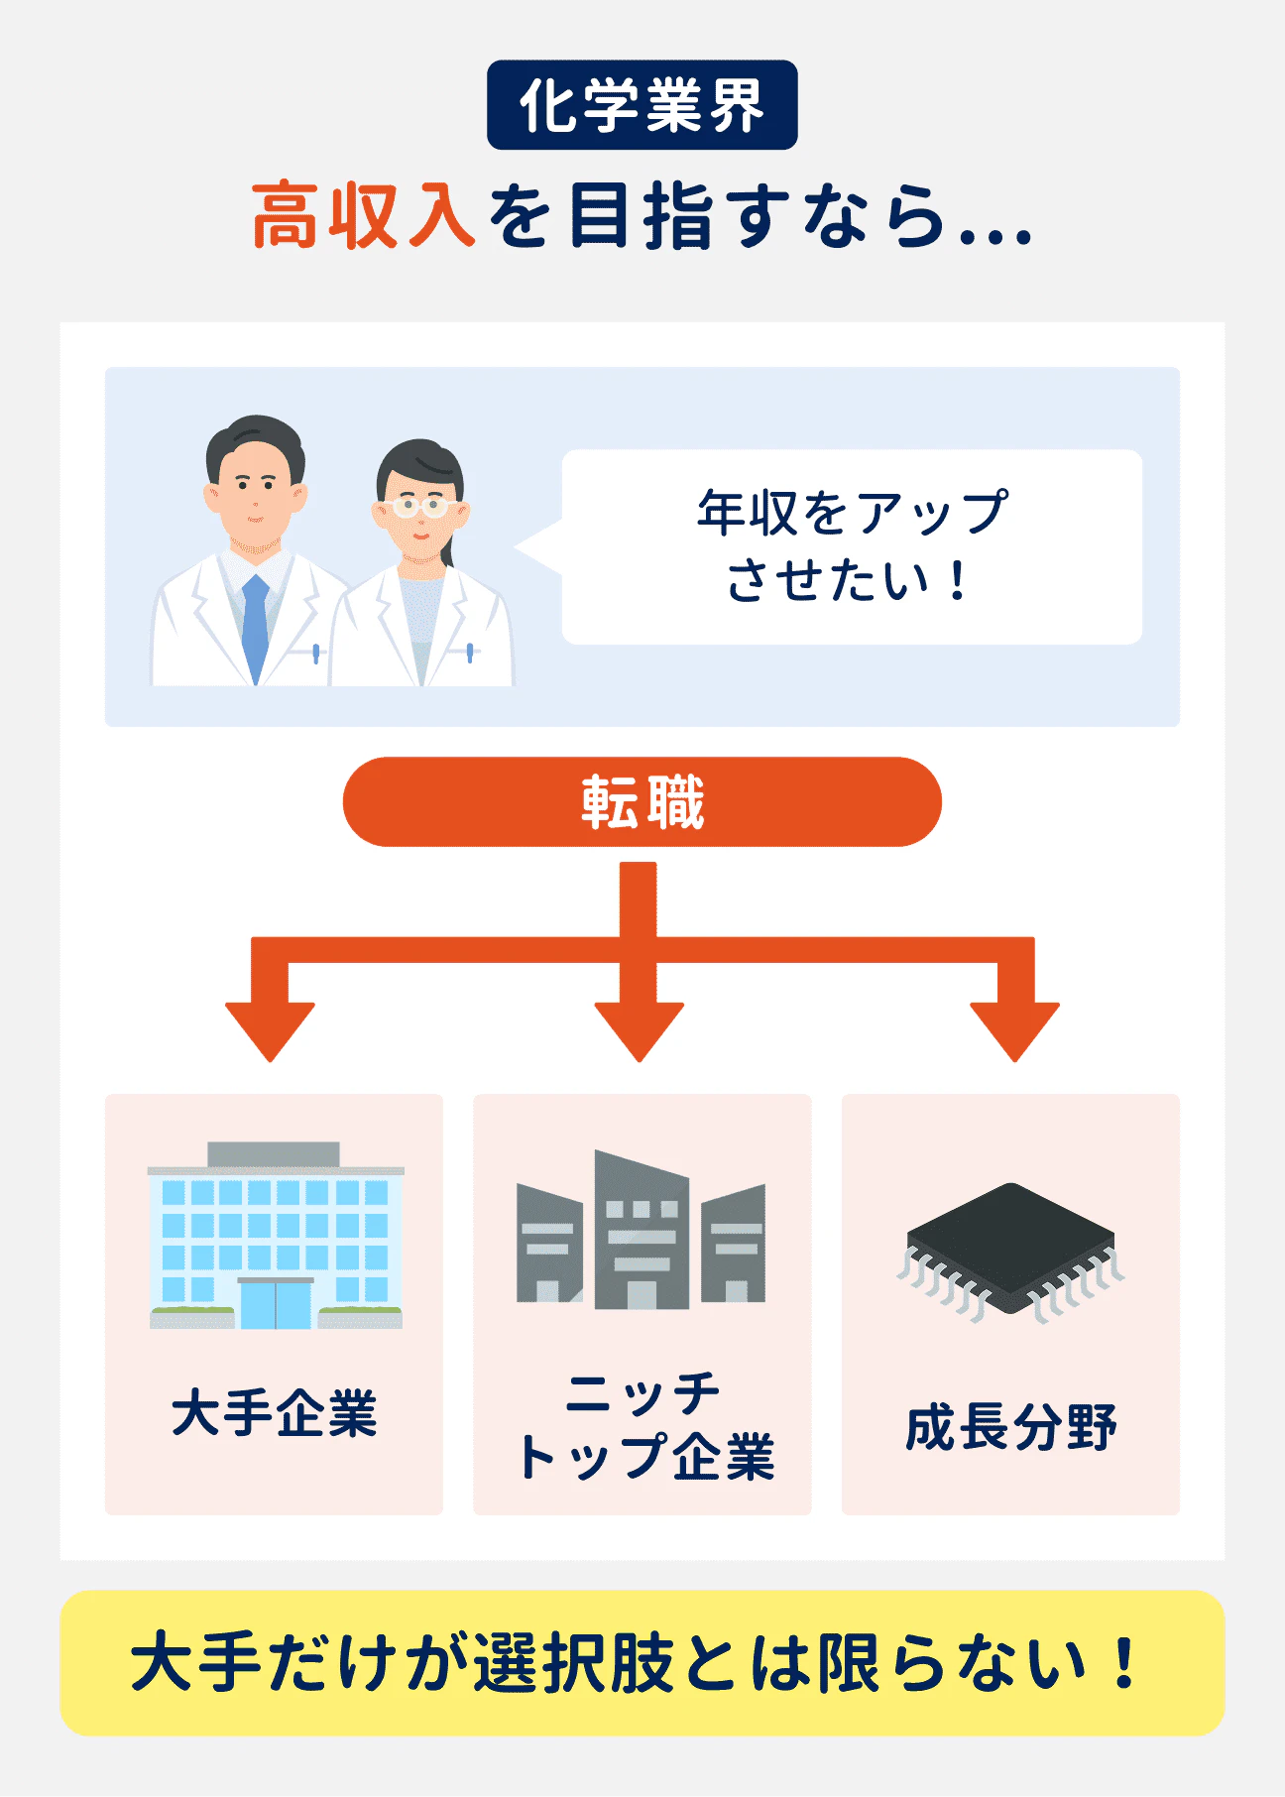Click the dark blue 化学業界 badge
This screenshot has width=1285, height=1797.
tap(642, 105)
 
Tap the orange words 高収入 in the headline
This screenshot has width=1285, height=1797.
tap(363, 215)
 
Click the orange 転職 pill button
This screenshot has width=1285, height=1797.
tap(642, 801)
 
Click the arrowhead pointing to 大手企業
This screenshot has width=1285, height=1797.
tap(270, 1031)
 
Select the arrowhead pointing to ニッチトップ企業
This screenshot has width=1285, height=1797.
tap(640, 1031)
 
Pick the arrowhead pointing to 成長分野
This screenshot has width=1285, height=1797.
tap(1014, 1031)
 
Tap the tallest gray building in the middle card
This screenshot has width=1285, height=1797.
tap(641, 1230)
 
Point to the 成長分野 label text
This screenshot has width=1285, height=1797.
tap(1010, 1427)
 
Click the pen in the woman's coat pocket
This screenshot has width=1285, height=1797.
tap(470, 652)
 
